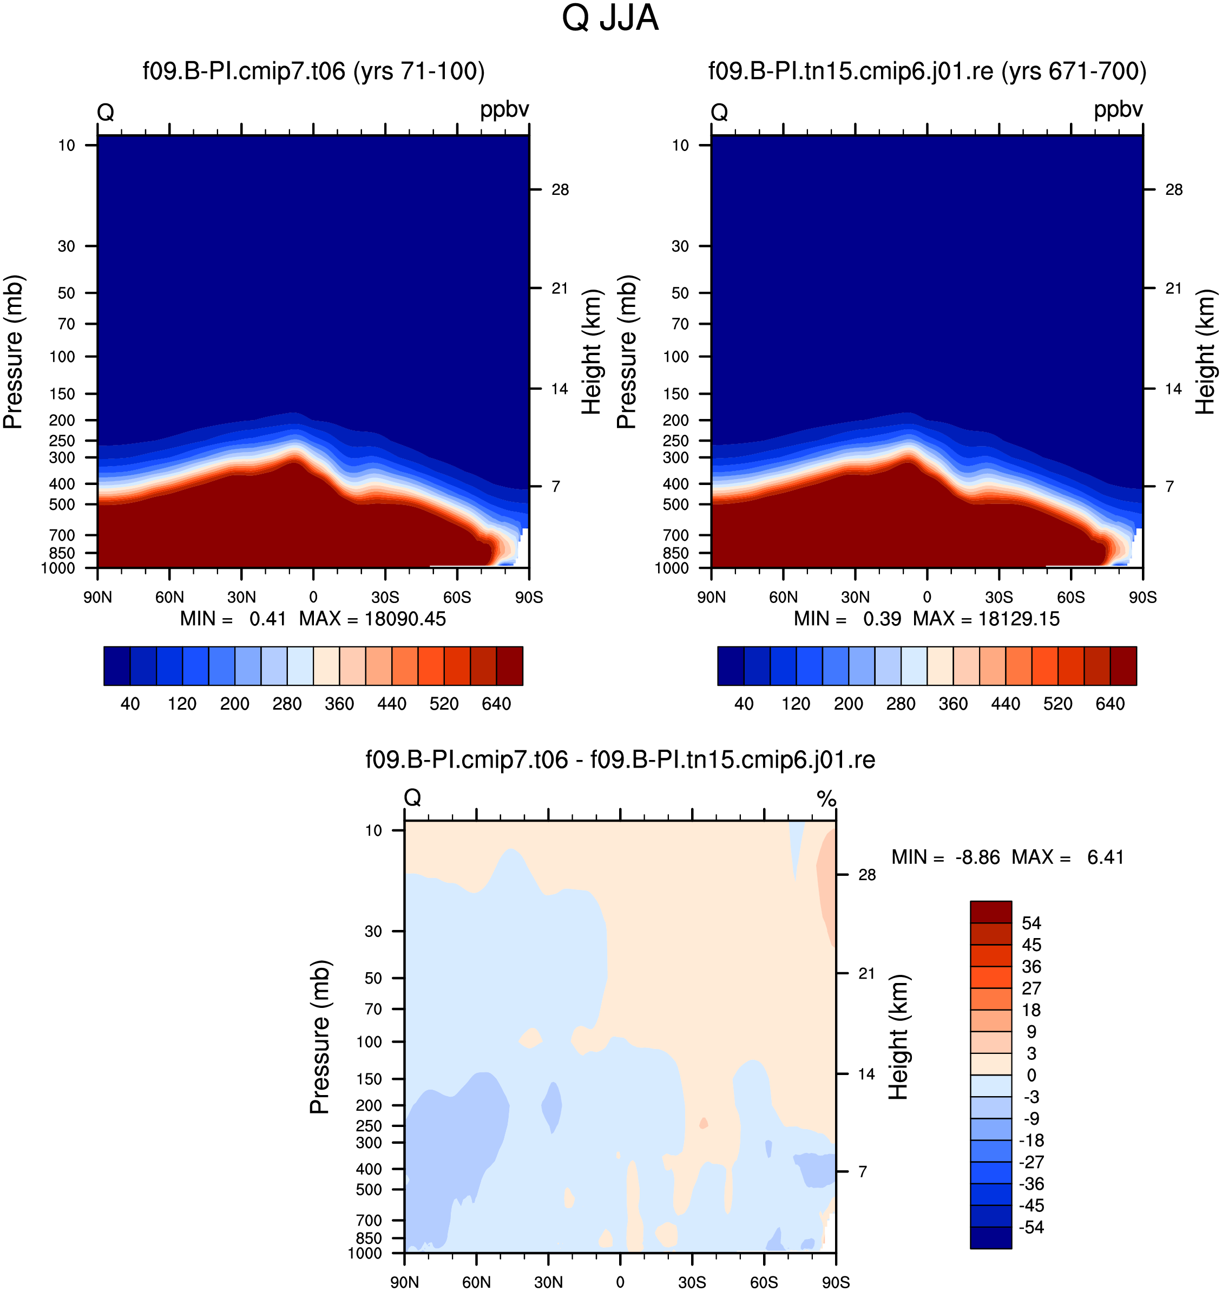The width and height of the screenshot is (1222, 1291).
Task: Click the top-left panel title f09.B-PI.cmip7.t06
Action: pyautogui.click(x=244, y=71)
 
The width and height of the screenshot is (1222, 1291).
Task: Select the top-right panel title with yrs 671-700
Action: pyautogui.click(x=928, y=71)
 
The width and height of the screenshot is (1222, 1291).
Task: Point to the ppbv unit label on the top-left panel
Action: pyautogui.click(x=505, y=109)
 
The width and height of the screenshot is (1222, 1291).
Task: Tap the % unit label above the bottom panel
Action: pyautogui.click(x=826, y=798)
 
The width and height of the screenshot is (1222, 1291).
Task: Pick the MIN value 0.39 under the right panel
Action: pyautogui.click(x=882, y=619)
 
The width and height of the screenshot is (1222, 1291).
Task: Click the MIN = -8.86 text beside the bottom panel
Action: pyautogui.click(x=946, y=857)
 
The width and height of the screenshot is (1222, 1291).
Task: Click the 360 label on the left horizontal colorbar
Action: pyautogui.click(x=339, y=704)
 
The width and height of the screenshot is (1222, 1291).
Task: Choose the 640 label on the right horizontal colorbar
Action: pyautogui.click(x=1110, y=704)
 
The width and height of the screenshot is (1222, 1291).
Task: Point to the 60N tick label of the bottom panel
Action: pyautogui.click(x=477, y=1282)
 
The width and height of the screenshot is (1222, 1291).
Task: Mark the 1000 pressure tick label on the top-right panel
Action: pyautogui.click(x=672, y=568)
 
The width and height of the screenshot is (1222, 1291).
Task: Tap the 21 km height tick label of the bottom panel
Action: pyautogui.click(x=866, y=973)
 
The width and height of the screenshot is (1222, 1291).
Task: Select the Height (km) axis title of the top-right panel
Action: pyautogui.click(x=1206, y=352)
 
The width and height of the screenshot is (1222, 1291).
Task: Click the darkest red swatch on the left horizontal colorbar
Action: pyautogui.click(x=509, y=666)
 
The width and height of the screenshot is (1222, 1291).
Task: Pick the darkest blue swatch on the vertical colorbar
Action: pyautogui.click(x=991, y=1237)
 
